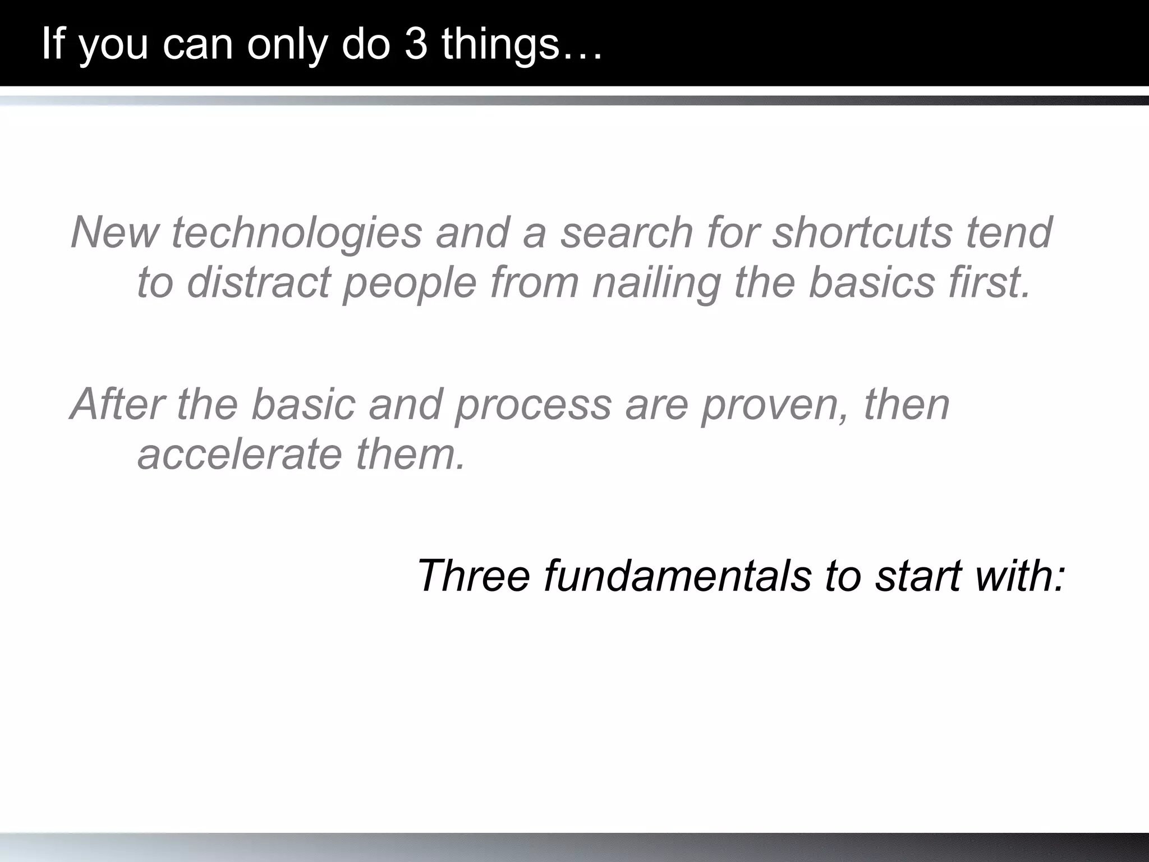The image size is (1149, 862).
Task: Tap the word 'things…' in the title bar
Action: click(522, 45)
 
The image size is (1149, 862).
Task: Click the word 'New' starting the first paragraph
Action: click(114, 232)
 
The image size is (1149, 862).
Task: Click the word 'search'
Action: click(627, 232)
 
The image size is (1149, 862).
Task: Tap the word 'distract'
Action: click(259, 282)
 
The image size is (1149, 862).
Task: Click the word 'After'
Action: click(117, 404)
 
